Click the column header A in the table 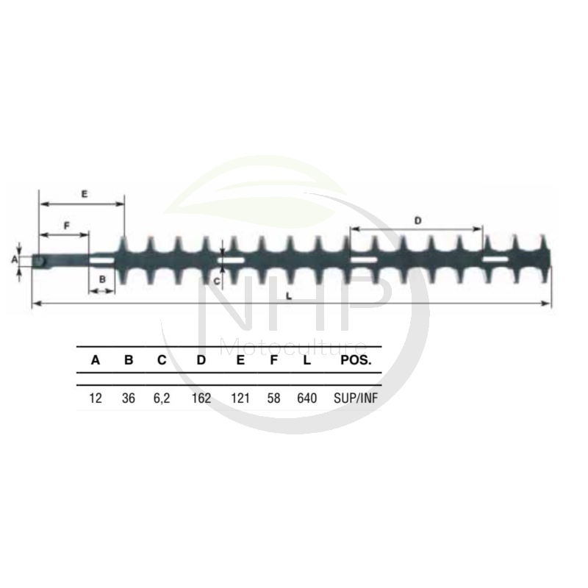(x=96, y=360)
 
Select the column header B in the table (x=129, y=360)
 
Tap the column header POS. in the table (x=356, y=360)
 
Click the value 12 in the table (x=96, y=398)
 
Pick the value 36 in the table (x=128, y=398)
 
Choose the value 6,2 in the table (x=162, y=398)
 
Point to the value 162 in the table (x=201, y=398)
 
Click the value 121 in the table (x=240, y=398)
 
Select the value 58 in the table (x=273, y=398)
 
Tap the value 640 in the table (x=306, y=398)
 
